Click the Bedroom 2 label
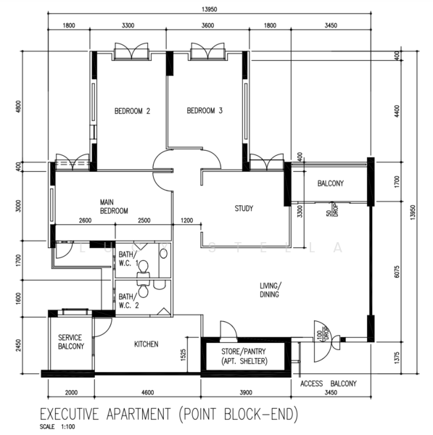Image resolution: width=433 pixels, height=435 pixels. [132, 111]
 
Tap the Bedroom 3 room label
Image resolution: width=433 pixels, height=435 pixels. [205, 111]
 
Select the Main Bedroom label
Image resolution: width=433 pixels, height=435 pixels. [114, 207]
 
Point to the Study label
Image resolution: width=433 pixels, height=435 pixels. [244, 208]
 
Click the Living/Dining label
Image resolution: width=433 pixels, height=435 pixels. [271, 290]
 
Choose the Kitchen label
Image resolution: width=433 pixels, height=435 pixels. [147, 344]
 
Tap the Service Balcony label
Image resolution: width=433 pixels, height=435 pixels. [71, 341]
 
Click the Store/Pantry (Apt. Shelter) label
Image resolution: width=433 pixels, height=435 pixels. [244, 356]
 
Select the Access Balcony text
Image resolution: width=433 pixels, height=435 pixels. [329, 384]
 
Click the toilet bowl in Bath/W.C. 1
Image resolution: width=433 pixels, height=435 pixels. [144, 267]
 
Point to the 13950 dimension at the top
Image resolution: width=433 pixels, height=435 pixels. [210, 9]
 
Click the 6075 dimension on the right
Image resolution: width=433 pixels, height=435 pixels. [397, 272]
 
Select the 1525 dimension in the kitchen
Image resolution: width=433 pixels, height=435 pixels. [183, 355]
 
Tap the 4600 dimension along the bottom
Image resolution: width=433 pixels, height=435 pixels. [148, 392]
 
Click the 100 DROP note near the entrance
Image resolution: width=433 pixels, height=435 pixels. [323, 335]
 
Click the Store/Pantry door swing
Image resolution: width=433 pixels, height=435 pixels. [228, 330]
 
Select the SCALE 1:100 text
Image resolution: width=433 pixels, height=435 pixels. [57, 427]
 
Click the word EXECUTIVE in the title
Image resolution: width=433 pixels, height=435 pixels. [70, 414]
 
